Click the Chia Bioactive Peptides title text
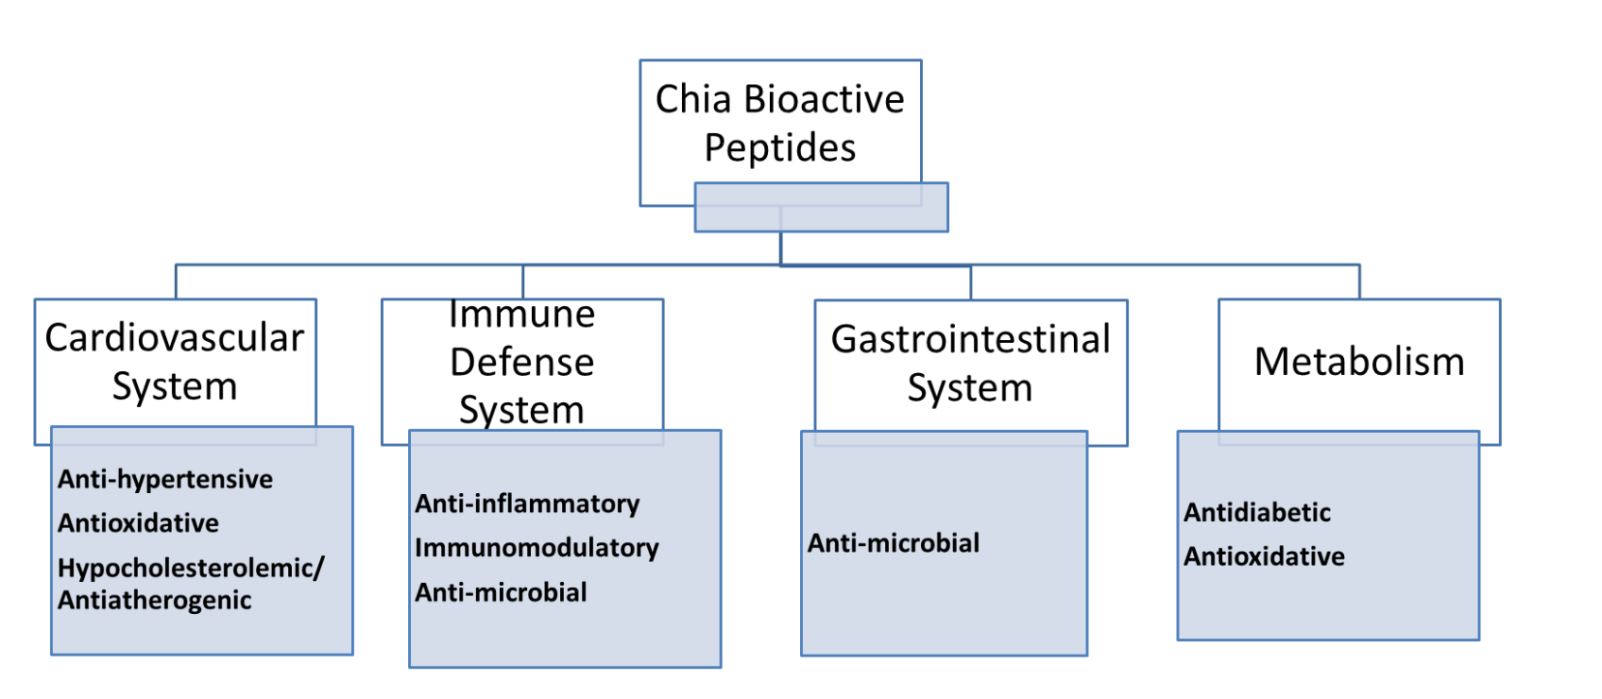tap(780, 123)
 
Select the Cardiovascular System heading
tap(175, 362)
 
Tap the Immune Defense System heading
tap(522, 362)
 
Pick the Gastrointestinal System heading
tap(970, 364)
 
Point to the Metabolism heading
tap(1359, 361)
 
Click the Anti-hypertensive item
tap(165, 479)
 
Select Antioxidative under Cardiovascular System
tap(138, 523)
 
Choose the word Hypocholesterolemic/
tap(191, 568)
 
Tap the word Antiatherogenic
tap(155, 600)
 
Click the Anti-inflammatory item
tap(527, 503)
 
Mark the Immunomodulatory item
tap(537, 548)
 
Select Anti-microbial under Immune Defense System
tap(501, 592)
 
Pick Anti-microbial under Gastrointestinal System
tap(894, 543)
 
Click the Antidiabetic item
tap(1256, 512)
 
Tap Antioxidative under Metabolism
tap(1264, 556)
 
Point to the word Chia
tap(693, 99)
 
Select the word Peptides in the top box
tap(780, 148)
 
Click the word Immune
tap(522, 315)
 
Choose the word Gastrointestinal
tap(970, 339)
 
